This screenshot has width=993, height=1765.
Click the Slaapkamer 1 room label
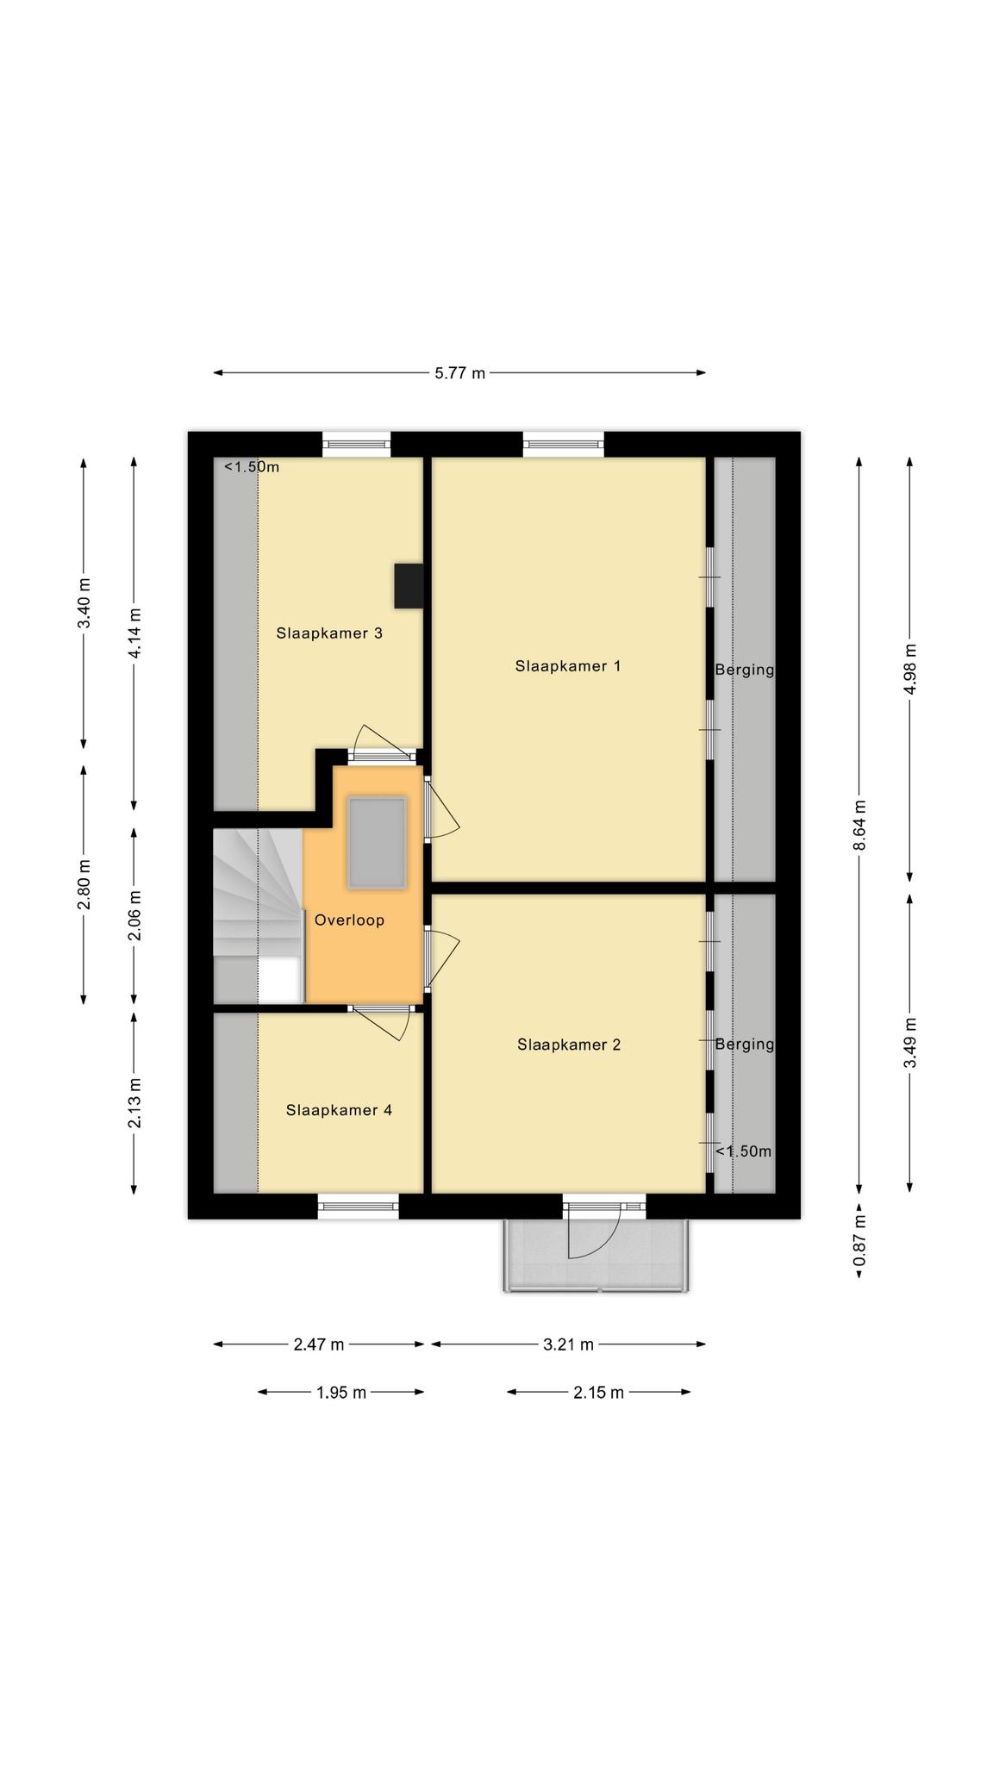click(x=568, y=666)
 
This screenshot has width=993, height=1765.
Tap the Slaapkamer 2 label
click(x=569, y=1045)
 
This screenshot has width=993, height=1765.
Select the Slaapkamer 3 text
click(x=329, y=633)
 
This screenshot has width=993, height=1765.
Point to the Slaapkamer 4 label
click(x=339, y=1110)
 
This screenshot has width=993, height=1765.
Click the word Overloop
click(x=349, y=920)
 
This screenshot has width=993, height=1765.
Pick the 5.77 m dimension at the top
click(x=459, y=373)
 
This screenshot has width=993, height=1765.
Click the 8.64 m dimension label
click(x=859, y=826)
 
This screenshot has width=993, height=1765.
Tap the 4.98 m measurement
click(x=910, y=669)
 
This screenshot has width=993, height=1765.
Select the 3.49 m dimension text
click(x=910, y=1043)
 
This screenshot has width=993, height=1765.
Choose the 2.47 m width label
click(x=319, y=1344)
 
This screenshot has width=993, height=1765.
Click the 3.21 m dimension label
click(x=568, y=1344)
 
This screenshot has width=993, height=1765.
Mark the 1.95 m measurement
click(x=341, y=1392)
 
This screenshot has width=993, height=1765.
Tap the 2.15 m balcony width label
click(x=598, y=1392)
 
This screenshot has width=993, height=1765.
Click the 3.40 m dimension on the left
click(x=84, y=603)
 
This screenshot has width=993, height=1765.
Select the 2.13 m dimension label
click(x=134, y=1102)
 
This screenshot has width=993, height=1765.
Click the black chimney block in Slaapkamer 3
click(x=409, y=586)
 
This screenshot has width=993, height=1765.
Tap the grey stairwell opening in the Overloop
click(x=377, y=843)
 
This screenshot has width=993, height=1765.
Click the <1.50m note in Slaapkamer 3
click(x=252, y=467)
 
